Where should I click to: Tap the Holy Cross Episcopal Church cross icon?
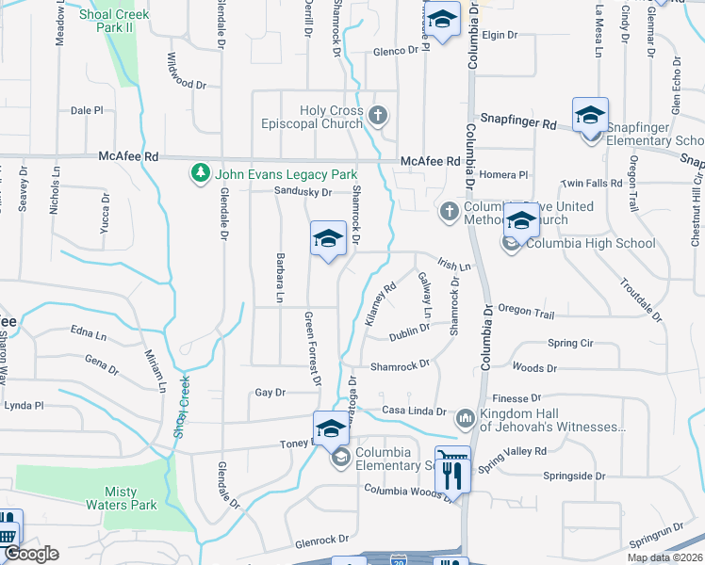[378, 117]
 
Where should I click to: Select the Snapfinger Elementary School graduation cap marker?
[590, 116]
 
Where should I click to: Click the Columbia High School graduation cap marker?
[520, 222]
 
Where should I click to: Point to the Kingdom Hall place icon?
[465, 416]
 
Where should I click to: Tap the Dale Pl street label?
[87, 110]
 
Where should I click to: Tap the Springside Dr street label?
[574, 476]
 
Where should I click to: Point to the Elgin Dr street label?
[500, 35]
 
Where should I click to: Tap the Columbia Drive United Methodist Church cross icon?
[450, 208]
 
